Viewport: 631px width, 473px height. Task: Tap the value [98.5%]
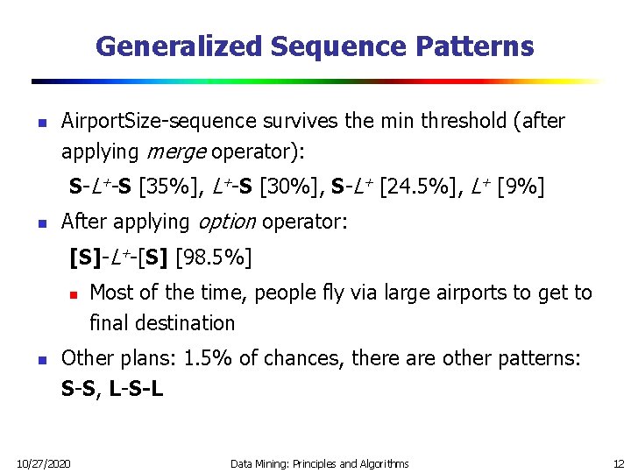[215, 258]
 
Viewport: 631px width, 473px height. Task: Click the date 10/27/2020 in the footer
[43, 462]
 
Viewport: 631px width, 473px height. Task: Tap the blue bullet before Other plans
[40, 359]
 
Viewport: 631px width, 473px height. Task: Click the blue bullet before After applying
[40, 223]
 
